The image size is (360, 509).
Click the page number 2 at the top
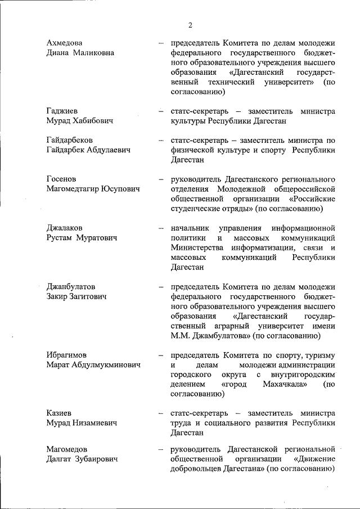click(190, 24)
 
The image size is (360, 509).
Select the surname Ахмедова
click(67, 43)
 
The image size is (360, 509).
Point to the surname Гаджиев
click(64, 111)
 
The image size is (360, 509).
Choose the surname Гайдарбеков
click(70, 139)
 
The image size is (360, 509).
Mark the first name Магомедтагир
click(73, 189)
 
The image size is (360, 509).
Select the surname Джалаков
click(65, 228)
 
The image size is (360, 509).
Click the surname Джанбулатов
click(71, 286)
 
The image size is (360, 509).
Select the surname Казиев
click(59, 413)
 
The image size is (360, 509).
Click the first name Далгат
click(60, 460)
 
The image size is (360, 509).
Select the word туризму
click(321, 355)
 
